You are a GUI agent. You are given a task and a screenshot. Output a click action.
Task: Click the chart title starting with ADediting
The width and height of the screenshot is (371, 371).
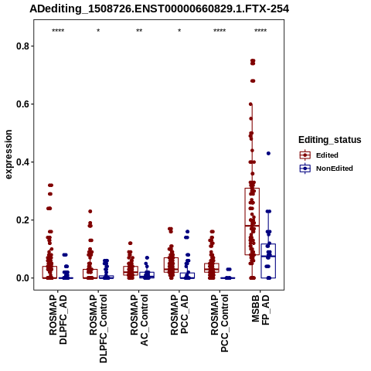click(159, 9)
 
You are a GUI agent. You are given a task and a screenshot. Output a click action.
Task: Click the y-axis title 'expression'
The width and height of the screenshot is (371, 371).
click(9, 155)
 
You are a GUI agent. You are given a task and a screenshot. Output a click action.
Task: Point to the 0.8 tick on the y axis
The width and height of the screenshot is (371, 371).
click(22, 46)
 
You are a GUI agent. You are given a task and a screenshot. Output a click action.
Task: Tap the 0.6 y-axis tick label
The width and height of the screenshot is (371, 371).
click(22, 104)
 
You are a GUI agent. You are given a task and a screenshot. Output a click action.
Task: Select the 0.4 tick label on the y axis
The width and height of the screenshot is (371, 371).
click(22, 162)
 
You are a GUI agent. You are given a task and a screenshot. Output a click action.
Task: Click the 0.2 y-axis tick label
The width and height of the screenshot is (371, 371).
click(22, 220)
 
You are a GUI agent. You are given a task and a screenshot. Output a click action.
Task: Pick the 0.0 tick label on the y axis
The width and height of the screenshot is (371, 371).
click(22, 278)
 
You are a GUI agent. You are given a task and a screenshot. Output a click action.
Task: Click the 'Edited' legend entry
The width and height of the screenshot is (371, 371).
click(327, 155)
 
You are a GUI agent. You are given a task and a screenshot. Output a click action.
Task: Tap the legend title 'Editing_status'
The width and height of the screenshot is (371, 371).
click(330, 140)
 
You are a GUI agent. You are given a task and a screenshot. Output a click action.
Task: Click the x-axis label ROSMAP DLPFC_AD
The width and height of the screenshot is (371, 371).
click(58, 319)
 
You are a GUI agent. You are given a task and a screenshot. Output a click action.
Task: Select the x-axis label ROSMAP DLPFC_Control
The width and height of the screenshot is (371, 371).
click(98, 328)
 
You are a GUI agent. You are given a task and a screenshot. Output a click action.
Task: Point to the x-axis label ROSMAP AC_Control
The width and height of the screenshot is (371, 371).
click(139, 320)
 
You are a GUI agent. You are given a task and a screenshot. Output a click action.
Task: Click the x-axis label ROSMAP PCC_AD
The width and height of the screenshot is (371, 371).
click(179, 315)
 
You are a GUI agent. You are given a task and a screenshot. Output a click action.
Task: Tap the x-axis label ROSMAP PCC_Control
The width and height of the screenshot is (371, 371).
click(220, 323)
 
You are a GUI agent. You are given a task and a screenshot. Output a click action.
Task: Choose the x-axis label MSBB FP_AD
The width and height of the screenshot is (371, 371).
click(260, 310)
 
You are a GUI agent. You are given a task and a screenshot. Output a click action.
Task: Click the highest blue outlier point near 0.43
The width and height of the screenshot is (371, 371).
click(268, 153)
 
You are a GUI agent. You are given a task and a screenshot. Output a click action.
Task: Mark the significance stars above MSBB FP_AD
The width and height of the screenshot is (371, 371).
click(260, 31)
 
